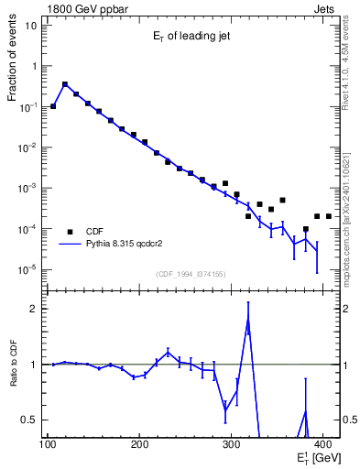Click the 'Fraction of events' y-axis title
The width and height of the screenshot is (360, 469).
tap(14, 65)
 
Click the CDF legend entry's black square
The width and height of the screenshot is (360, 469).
tap(70, 231)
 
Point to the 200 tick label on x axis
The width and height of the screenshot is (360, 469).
tap(139, 445)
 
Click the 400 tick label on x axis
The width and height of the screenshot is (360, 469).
tap(322, 445)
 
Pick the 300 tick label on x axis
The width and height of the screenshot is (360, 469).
tap(231, 445)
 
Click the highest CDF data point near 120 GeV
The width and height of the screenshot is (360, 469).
tap(64, 84)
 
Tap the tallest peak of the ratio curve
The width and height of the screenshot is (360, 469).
tap(247, 320)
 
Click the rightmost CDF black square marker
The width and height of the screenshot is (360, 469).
tap(328, 216)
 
